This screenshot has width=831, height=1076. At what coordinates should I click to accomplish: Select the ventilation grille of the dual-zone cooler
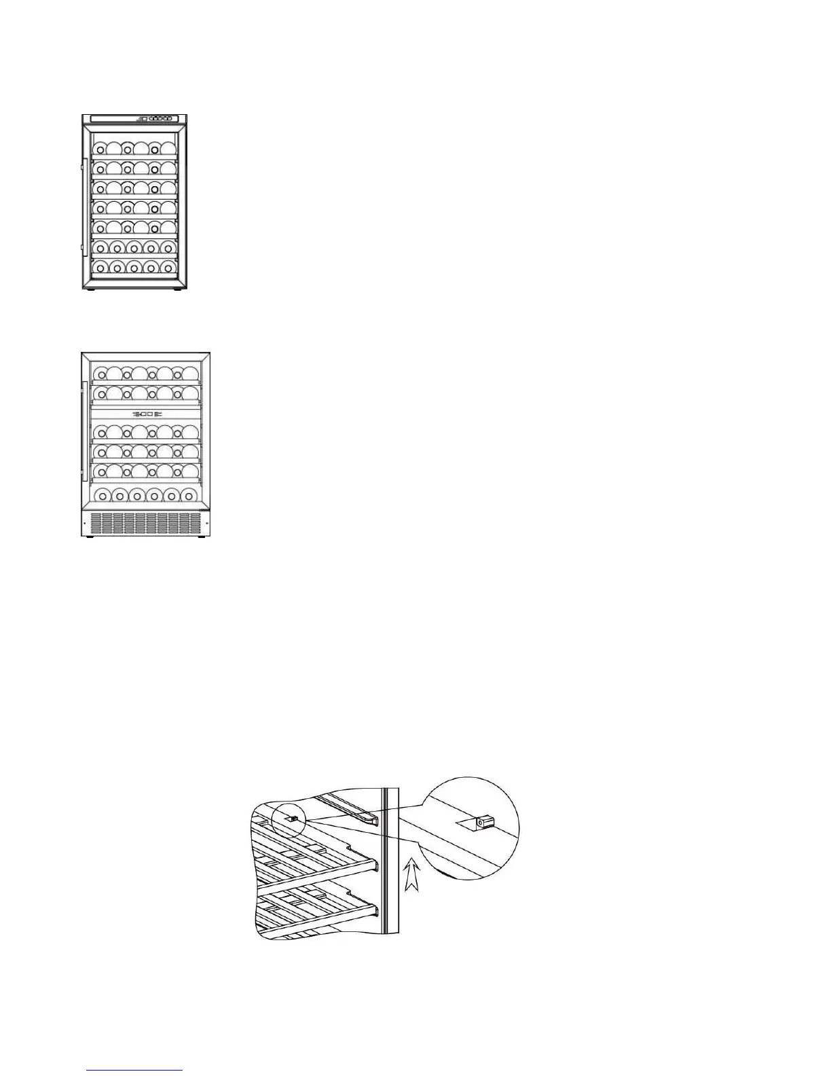pyautogui.click(x=146, y=522)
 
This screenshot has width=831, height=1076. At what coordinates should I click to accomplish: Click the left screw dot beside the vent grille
pyautogui.click(x=84, y=523)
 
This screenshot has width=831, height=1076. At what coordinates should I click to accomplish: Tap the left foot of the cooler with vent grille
pyautogui.click(x=90, y=538)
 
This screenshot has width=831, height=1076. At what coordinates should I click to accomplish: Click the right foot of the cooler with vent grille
pyautogui.click(x=201, y=538)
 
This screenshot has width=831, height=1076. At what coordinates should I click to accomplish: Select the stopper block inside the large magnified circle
pyautogui.click(x=483, y=823)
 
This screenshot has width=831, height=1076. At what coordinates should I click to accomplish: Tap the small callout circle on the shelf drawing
pyautogui.click(x=290, y=819)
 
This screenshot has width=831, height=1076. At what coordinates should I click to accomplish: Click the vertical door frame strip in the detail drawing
pyautogui.click(x=390, y=863)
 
